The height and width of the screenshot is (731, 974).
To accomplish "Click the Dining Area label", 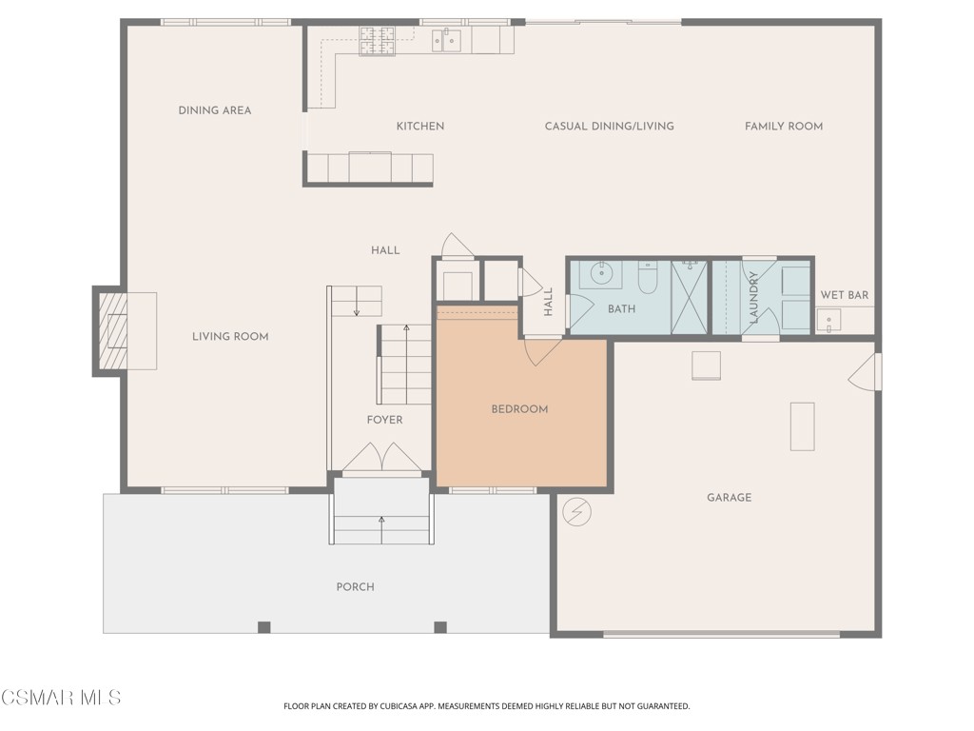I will [215, 110].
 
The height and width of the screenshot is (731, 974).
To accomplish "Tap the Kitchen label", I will [419, 126].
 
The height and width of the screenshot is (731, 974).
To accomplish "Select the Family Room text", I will [784, 126].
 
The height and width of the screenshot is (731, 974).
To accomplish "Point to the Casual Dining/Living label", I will [609, 126].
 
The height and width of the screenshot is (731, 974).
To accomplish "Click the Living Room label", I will [230, 336].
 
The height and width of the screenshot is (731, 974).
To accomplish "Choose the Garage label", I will [729, 497].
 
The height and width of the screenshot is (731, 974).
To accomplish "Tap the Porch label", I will [355, 586].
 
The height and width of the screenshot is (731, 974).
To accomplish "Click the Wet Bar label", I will [845, 295].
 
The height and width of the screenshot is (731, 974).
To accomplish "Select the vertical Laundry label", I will [753, 297].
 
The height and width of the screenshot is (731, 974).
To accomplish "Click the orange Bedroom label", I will [519, 409].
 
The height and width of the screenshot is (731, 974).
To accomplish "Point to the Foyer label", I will [385, 420].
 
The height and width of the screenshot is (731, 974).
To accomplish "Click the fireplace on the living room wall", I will [113, 330].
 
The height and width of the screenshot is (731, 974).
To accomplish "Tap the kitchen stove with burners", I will [377, 41].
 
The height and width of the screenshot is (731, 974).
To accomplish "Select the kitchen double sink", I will [446, 40].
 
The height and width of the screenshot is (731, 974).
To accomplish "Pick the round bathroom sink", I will [600, 273].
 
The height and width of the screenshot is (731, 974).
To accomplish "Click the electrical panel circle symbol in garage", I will [576, 512].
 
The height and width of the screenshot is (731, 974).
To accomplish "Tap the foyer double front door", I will [381, 459].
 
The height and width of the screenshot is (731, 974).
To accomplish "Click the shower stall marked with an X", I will [690, 296].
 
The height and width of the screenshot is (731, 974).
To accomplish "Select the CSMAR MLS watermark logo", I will [61, 698].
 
